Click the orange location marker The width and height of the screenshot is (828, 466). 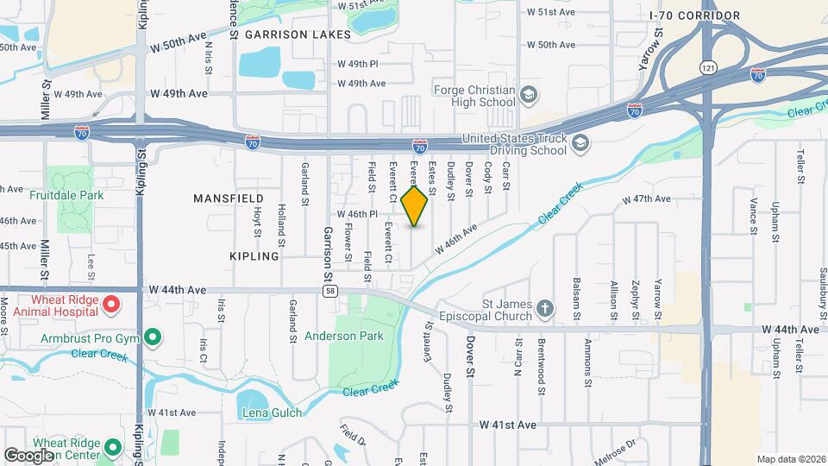(x=415, y=205)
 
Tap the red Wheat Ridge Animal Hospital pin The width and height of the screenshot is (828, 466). (x=111, y=304)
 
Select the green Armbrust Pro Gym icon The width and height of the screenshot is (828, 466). (x=153, y=337)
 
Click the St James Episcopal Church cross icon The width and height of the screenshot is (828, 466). (x=544, y=308)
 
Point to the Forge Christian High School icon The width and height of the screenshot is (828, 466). (x=529, y=95)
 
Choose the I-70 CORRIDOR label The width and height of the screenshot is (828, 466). (x=707, y=16)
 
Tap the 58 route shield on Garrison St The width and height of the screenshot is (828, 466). (x=330, y=291)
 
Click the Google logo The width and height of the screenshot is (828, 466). (x=28, y=455)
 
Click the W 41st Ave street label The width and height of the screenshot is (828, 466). (x=508, y=425)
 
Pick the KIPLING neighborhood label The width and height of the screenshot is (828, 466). (x=254, y=256)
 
